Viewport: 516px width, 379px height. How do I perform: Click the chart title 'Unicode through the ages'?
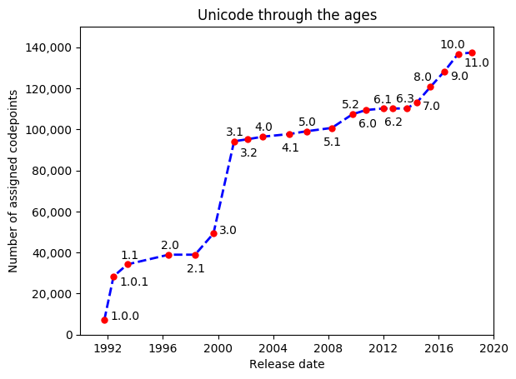pyautogui.click(x=287, y=15)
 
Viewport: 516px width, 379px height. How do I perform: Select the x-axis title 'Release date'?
pyautogui.click(x=287, y=364)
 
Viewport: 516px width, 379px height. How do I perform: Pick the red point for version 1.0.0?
pyautogui.click(x=104, y=320)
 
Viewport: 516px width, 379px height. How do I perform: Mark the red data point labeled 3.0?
pyautogui.click(x=213, y=233)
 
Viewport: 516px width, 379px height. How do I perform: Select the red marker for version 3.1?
pyautogui.click(x=234, y=142)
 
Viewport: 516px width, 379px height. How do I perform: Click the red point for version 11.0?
pyautogui.click(x=472, y=52)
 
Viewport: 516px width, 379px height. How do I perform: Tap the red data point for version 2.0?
pyautogui.click(x=168, y=255)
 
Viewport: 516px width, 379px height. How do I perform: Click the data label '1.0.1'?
pyautogui.click(x=134, y=282)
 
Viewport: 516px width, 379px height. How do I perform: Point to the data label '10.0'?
pyautogui.click(x=453, y=44)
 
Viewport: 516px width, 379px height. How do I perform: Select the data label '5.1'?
pyautogui.click(x=332, y=142)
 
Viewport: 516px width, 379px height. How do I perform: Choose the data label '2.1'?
pyautogui.click(x=196, y=269)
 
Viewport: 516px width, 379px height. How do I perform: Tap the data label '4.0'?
pyautogui.click(x=263, y=127)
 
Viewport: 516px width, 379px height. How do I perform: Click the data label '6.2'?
pyautogui.click(x=393, y=122)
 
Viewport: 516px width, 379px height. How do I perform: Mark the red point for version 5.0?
pyautogui.click(x=307, y=132)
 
